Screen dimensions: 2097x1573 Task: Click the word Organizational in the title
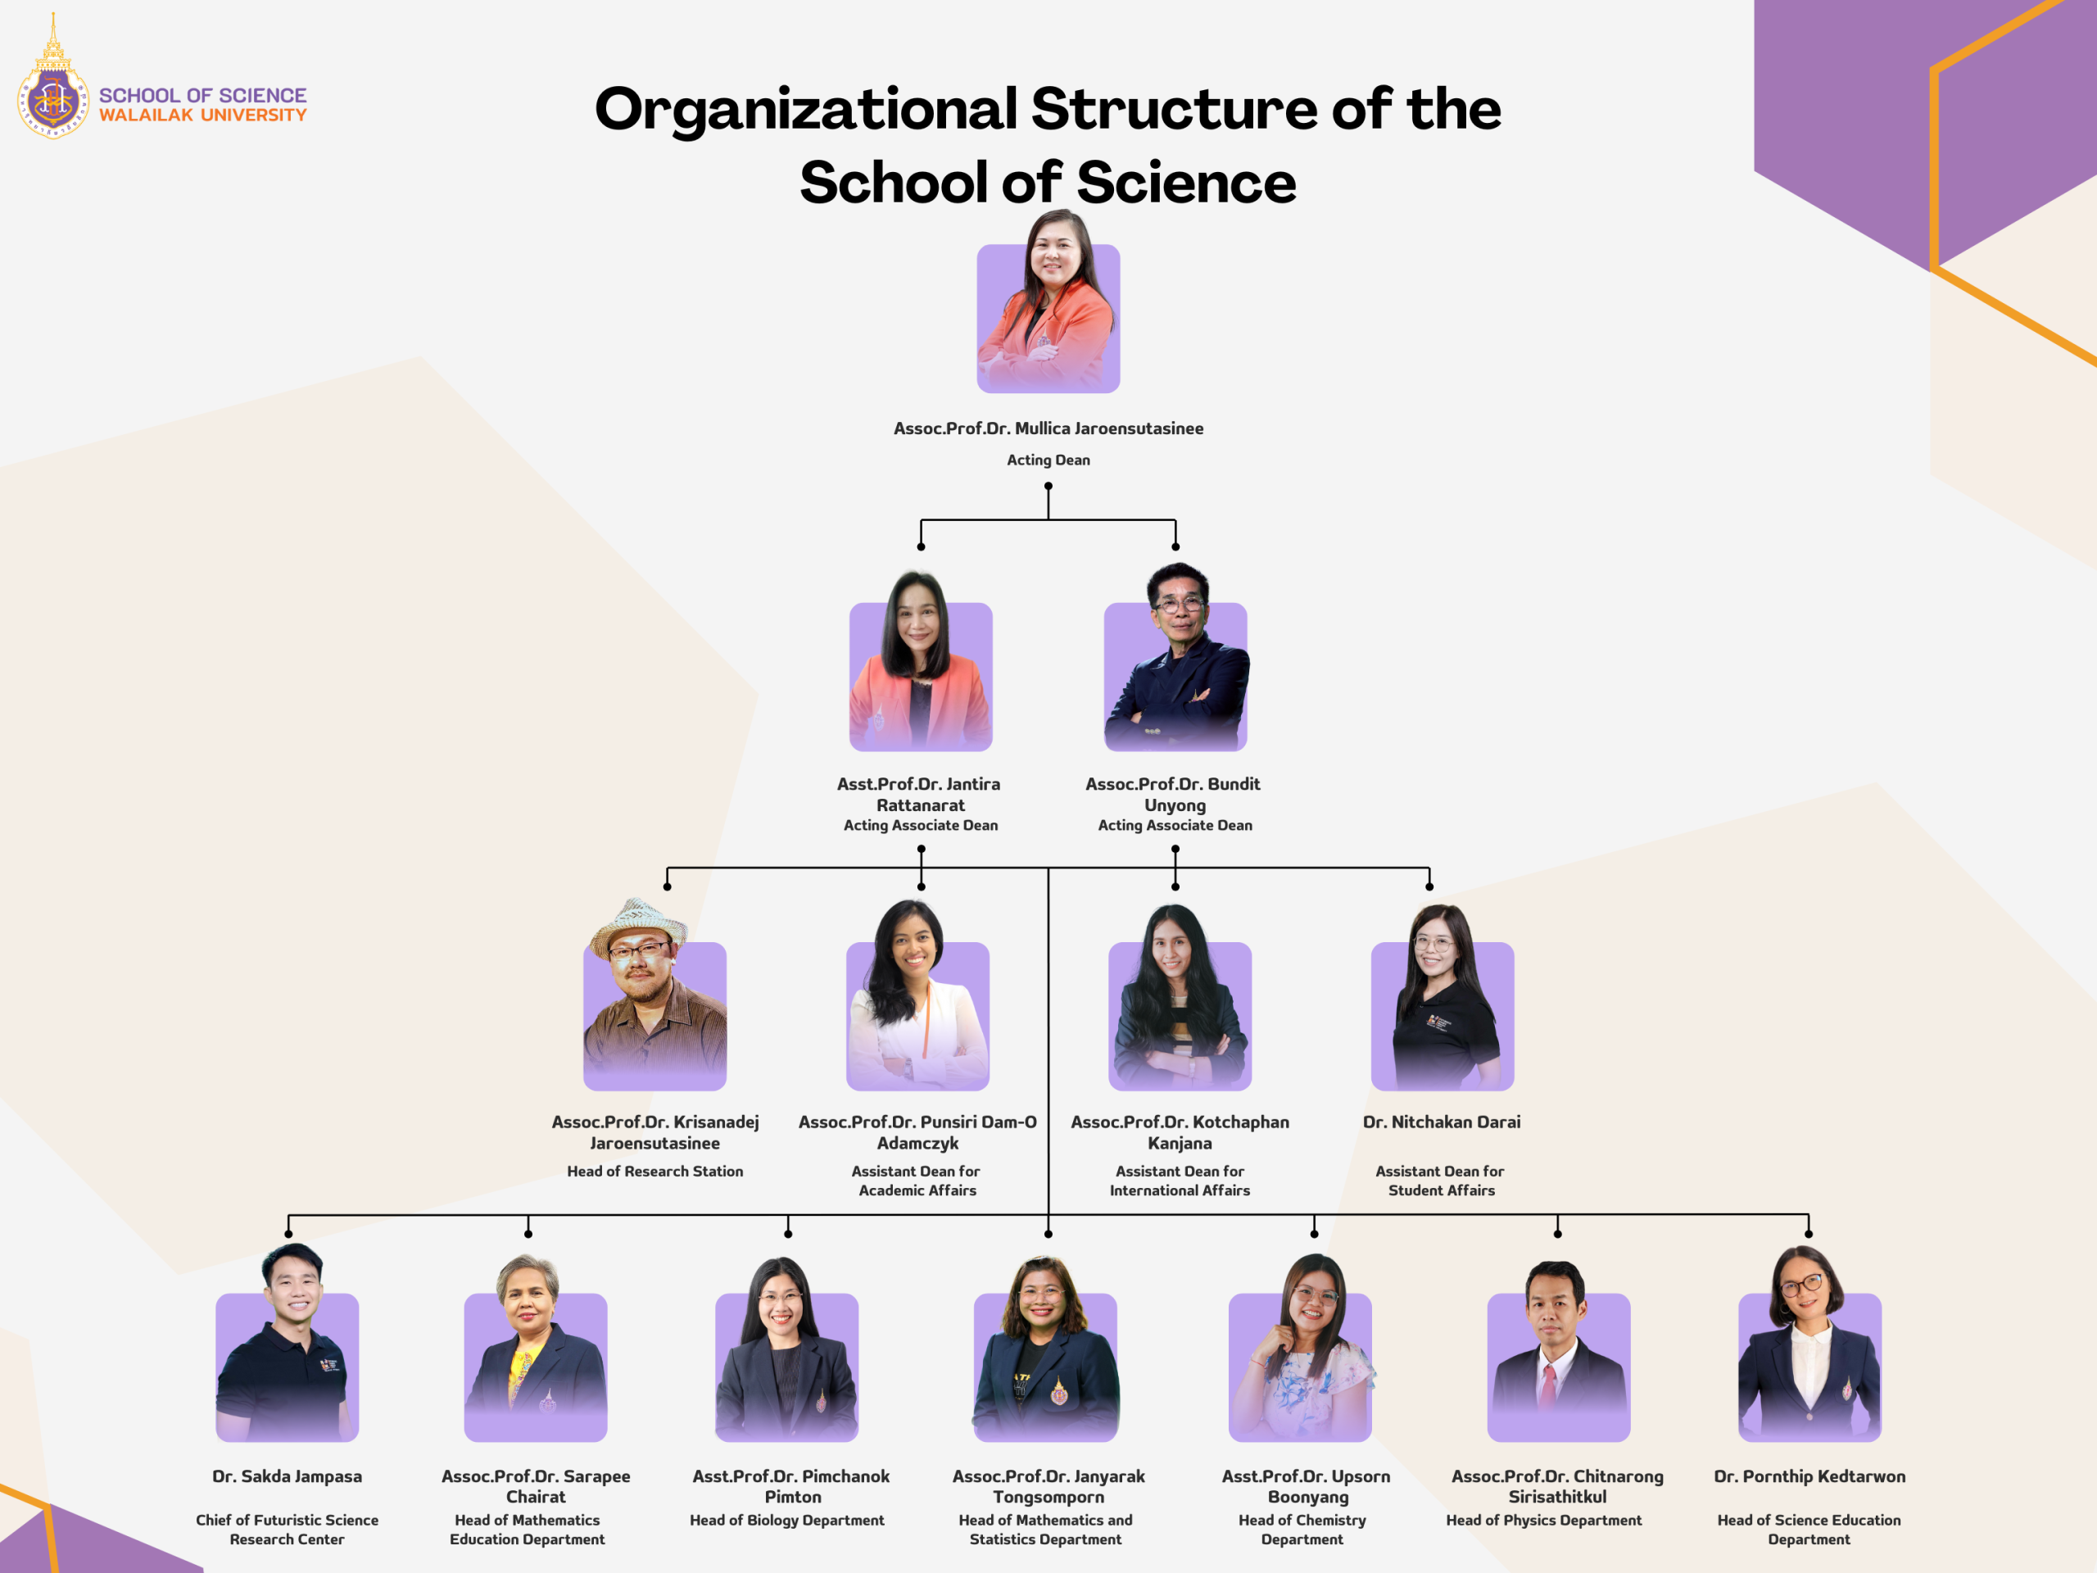point(806,110)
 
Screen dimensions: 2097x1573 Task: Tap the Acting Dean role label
point(1048,460)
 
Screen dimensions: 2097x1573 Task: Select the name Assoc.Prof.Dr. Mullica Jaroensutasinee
point(1048,428)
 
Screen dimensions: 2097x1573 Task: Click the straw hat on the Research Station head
point(637,924)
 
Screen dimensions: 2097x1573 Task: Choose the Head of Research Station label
point(655,1172)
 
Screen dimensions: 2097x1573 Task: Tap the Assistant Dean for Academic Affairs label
point(917,1181)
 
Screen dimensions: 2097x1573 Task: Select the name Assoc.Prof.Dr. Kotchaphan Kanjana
point(1180,1133)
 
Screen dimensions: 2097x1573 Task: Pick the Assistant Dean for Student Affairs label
point(1441,1181)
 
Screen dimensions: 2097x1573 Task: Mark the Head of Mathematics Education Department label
point(527,1530)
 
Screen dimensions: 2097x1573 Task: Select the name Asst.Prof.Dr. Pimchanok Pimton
point(791,1487)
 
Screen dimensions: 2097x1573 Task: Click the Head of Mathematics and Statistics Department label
point(1046,1530)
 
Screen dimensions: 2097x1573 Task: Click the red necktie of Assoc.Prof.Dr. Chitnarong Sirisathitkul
point(1547,1385)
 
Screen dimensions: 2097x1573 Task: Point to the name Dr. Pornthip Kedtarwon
point(1809,1477)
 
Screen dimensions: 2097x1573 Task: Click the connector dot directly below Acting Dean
point(1048,487)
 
